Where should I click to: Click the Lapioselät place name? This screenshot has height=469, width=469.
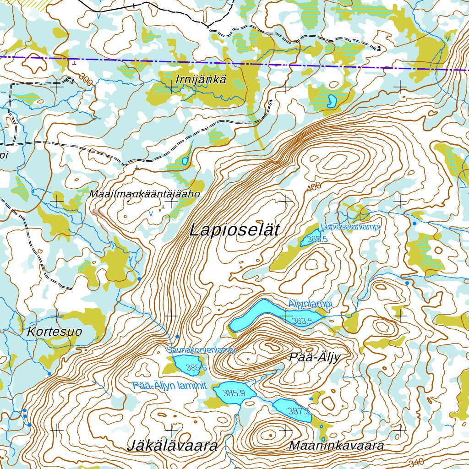(234, 229)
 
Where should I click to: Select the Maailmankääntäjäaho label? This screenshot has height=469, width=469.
(145, 194)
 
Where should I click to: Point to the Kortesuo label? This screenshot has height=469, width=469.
(54, 332)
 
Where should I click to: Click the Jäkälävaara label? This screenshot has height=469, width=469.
(172, 446)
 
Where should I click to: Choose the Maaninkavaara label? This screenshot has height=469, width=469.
(336, 446)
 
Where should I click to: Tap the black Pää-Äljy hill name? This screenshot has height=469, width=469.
(315, 357)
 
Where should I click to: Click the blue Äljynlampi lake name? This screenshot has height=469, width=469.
(310, 304)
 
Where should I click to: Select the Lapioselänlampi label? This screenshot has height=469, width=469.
(350, 227)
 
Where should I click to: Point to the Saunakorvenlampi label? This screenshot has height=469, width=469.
(201, 350)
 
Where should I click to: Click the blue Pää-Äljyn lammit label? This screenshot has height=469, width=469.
(169, 385)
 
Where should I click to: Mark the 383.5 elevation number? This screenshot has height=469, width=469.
(302, 321)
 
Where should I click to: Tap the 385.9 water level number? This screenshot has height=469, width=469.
(234, 393)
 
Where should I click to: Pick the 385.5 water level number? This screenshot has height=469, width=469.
(317, 239)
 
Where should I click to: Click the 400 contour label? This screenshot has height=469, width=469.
(314, 187)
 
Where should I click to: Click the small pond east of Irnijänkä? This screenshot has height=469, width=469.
(331, 101)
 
